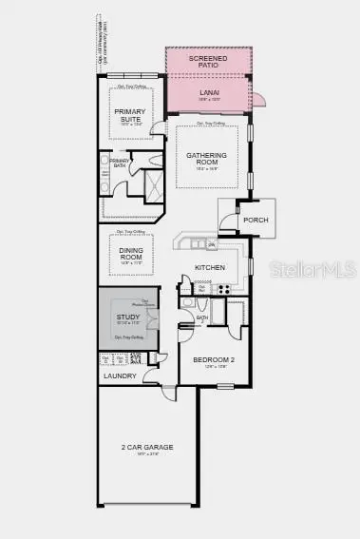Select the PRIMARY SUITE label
(x=130, y=114)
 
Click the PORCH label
(x=256, y=220)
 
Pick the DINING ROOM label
(x=131, y=254)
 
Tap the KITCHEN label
(x=210, y=268)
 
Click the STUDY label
(x=128, y=318)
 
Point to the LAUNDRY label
(x=120, y=375)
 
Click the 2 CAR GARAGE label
(x=147, y=447)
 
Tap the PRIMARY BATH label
(x=120, y=164)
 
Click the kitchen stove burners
(x=227, y=288)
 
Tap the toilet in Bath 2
(x=189, y=303)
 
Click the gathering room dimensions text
(x=200, y=169)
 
